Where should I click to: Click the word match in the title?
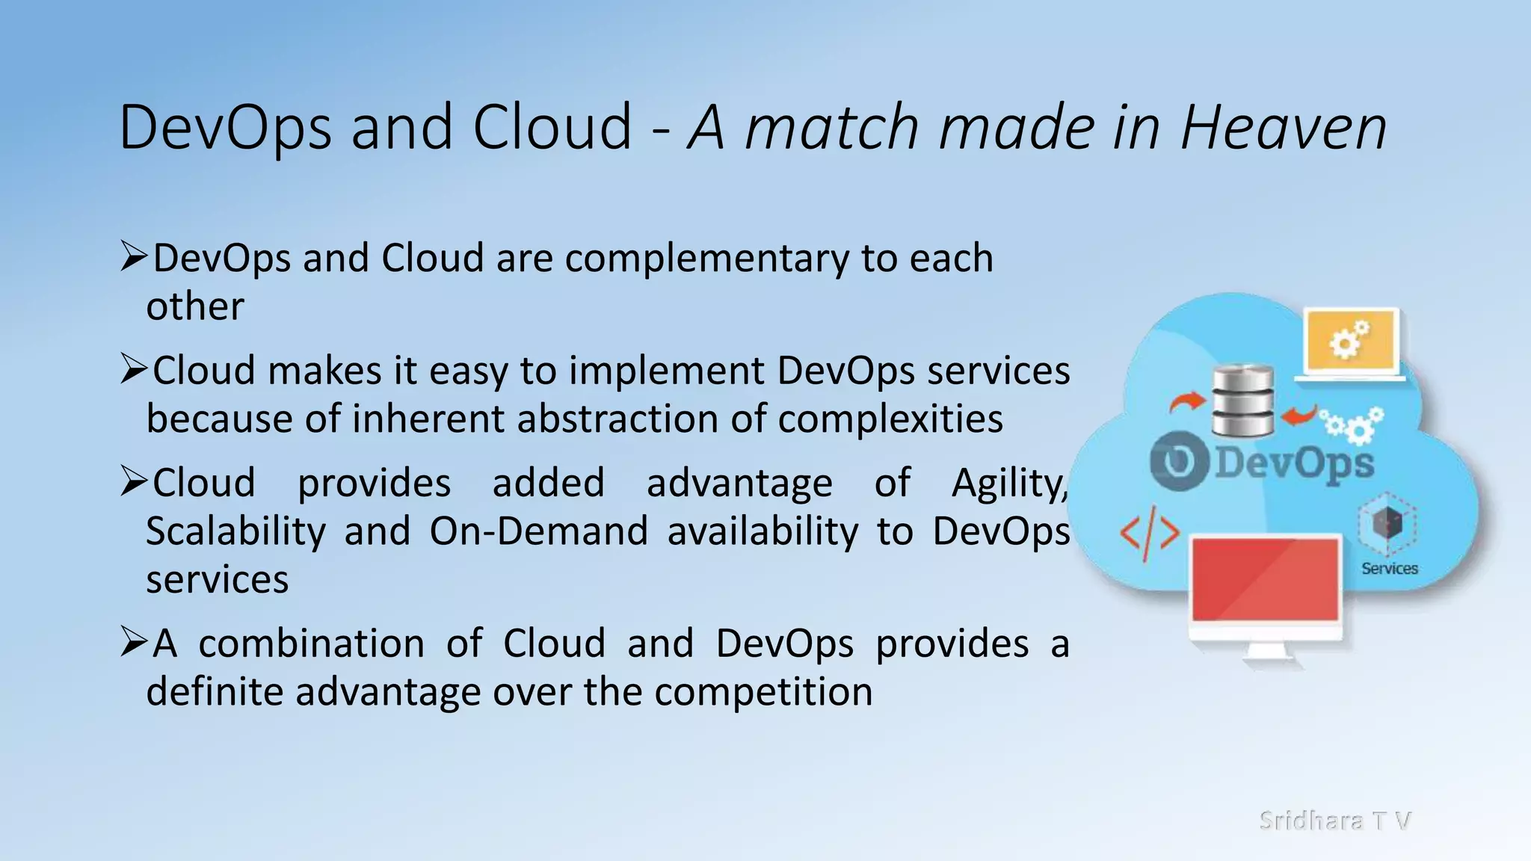pyautogui.click(x=832, y=128)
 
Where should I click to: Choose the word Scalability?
pyautogui.click(x=235, y=532)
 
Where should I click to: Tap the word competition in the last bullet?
pyautogui.click(x=763, y=692)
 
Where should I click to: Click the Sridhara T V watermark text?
pyautogui.click(x=1334, y=820)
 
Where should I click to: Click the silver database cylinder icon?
pyautogui.click(x=1242, y=401)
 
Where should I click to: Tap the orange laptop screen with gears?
pyautogui.click(x=1351, y=342)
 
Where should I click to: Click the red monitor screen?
pyautogui.click(x=1265, y=579)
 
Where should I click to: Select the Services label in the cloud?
pyautogui.click(x=1389, y=569)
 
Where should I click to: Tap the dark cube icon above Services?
pyautogui.click(x=1387, y=523)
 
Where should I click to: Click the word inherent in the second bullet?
pyautogui.click(x=431, y=419)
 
